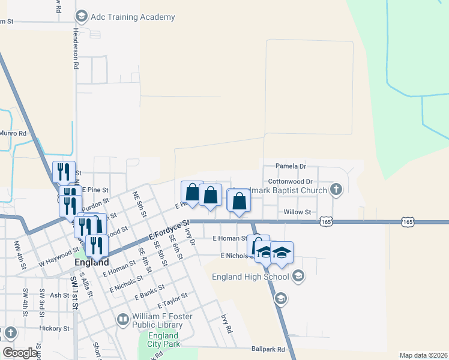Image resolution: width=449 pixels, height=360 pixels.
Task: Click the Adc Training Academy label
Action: [133, 17]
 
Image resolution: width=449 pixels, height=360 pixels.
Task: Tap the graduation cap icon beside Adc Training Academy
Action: [82, 16]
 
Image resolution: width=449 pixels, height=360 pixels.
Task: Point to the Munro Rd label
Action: [13, 133]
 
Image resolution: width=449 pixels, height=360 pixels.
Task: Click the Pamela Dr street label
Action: [291, 166]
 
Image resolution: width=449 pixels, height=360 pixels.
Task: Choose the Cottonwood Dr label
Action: [291, 181]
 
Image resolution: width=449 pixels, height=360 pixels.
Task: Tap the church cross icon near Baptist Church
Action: [336, 190]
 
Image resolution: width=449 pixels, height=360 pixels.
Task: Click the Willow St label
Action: [297, 212]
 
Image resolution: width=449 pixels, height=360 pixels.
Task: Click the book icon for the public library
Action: [122, 319]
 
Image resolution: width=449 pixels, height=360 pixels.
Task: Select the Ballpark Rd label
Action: [269, 349]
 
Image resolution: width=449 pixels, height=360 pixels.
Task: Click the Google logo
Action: [20, 353]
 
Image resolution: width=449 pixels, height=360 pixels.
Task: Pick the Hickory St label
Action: [55, 329]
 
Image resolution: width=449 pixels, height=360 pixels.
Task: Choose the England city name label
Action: [92, 262]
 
